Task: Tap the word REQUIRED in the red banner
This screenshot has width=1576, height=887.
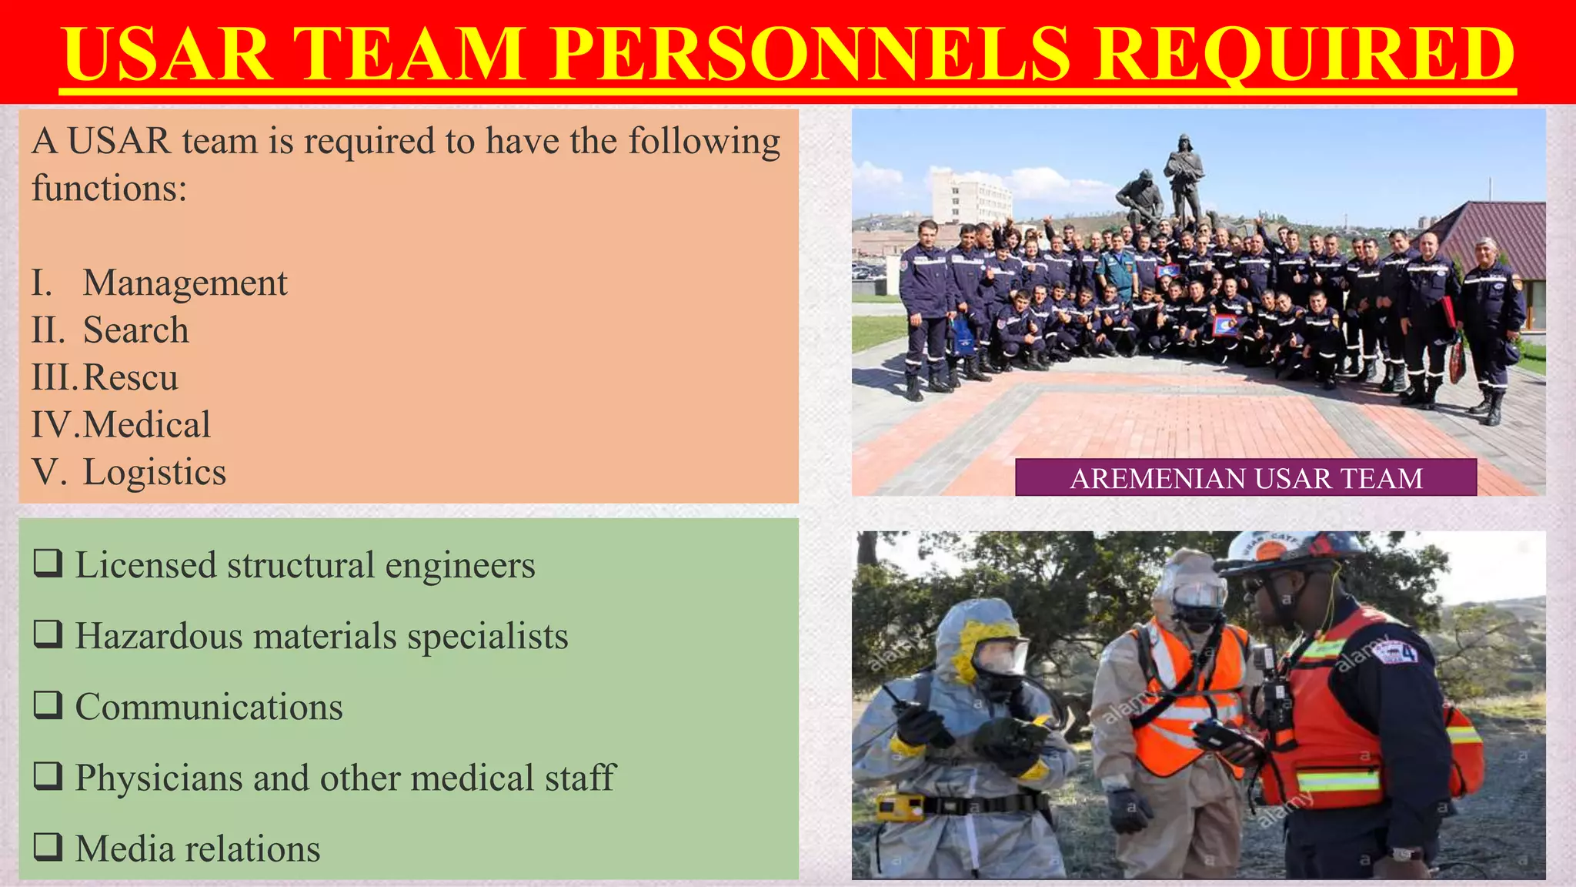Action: [1304, 54]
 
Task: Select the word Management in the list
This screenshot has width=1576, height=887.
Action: [185, 283]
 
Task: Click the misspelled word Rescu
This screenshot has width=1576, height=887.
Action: [130, 377]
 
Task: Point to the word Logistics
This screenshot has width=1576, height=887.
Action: [154, 472]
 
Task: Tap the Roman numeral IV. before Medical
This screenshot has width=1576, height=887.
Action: [55, 425]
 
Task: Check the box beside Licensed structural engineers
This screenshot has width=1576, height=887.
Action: [48, 564]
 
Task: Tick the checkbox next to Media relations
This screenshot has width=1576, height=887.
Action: [48, 847]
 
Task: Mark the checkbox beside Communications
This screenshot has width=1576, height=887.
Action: [48, 705]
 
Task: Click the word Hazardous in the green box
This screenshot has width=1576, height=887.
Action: [157, 636]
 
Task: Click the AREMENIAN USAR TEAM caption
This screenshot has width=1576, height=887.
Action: [1245, 478]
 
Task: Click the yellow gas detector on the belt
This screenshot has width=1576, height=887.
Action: [899, 808]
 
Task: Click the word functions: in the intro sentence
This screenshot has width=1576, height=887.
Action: [109, 189]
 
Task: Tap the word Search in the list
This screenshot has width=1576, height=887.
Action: [135, 330]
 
